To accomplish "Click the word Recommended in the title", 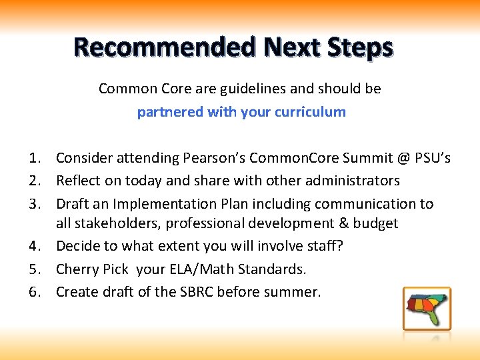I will [165, 48].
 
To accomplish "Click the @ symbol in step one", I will [401, 159].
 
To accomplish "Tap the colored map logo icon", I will [427, 309].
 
